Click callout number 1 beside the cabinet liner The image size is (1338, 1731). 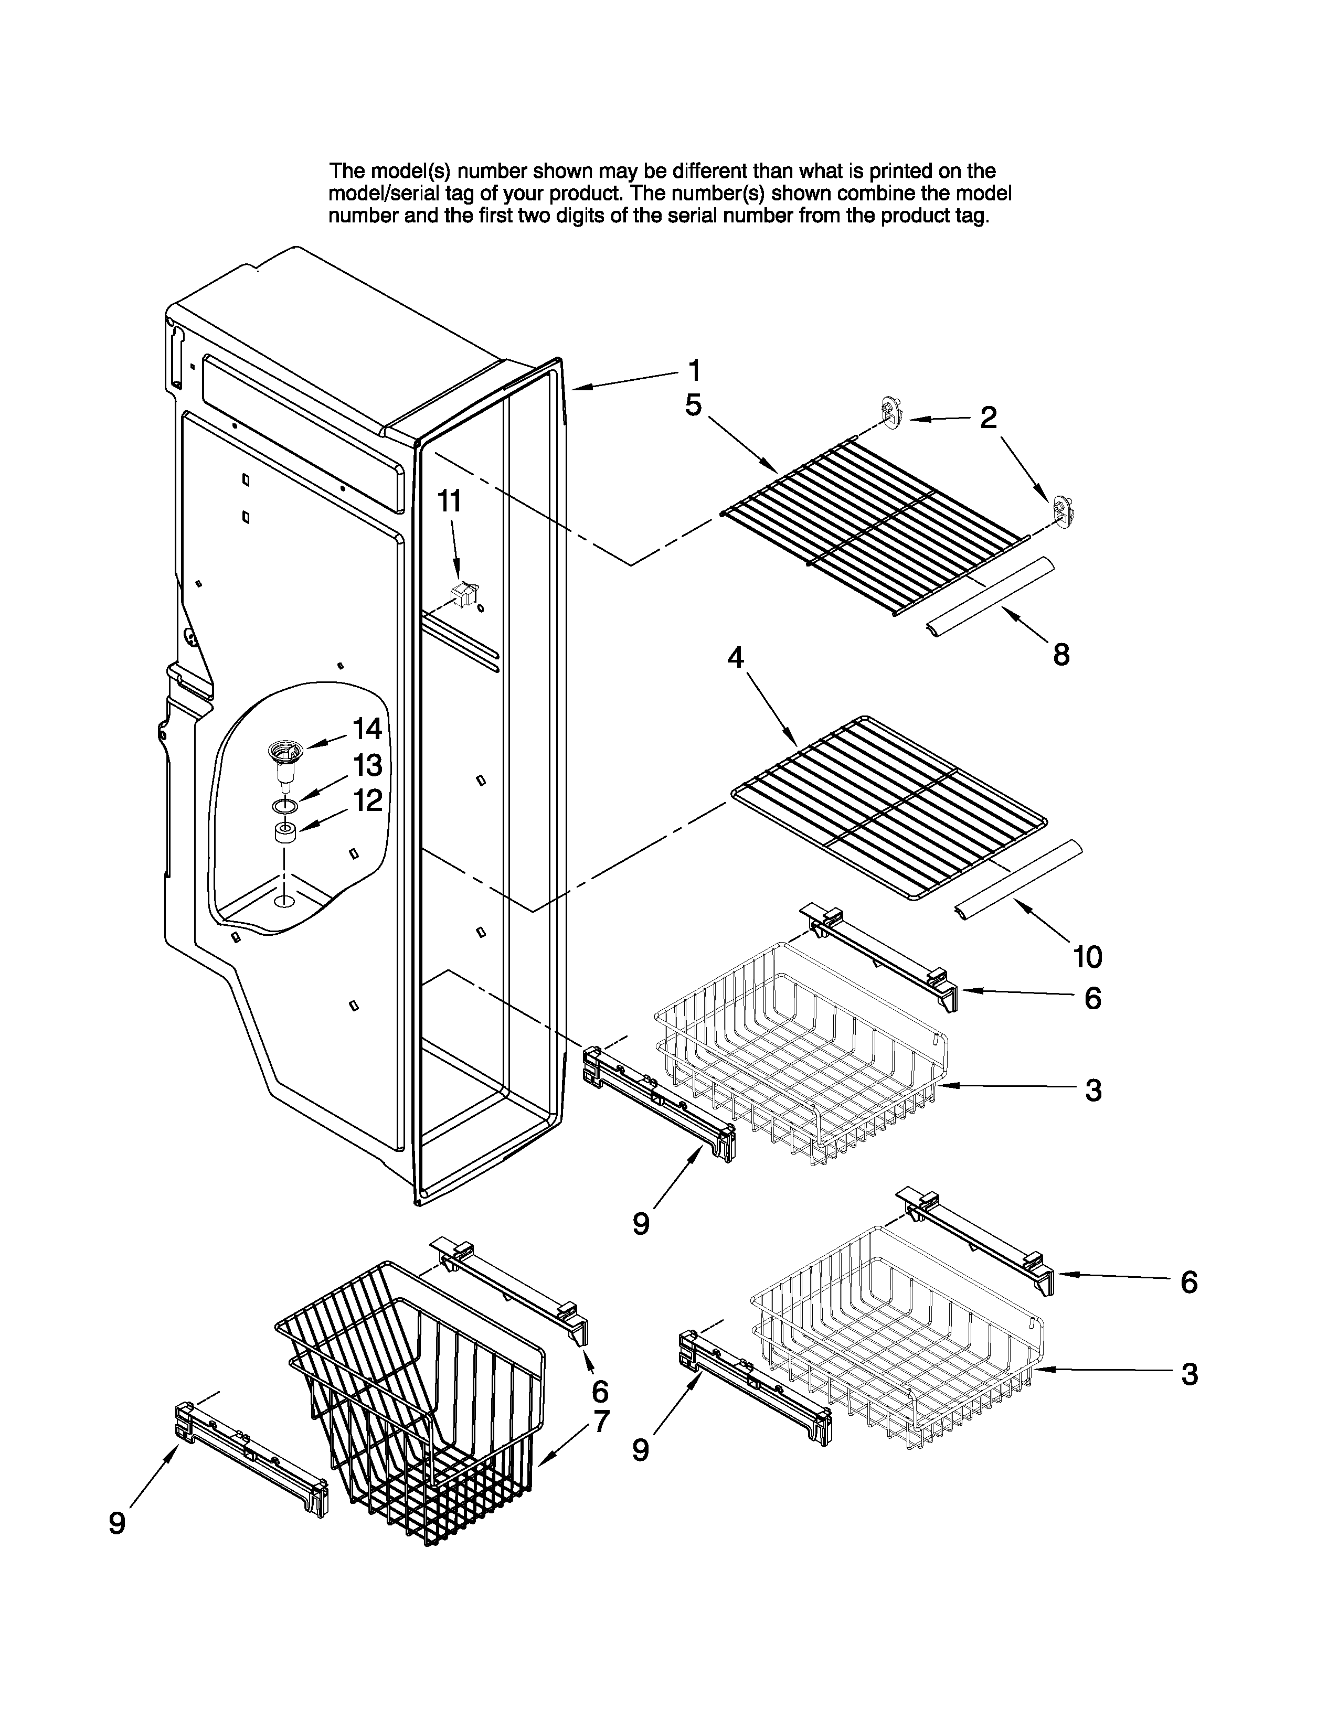coord(694,370)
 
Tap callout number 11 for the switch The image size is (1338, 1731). coord(450,501)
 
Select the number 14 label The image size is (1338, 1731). coord(367,729)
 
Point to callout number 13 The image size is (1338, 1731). coord(367,766)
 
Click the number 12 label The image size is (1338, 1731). coord(367,800)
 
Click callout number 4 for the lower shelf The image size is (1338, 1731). coord(736,657)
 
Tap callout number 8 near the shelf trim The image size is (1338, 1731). coord(1060,655)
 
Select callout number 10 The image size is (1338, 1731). coord(1088,957)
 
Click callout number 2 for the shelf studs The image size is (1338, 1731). coord(987,418)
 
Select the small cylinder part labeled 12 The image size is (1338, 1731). coord(285,834)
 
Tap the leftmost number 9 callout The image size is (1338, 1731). coord(118,1523)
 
